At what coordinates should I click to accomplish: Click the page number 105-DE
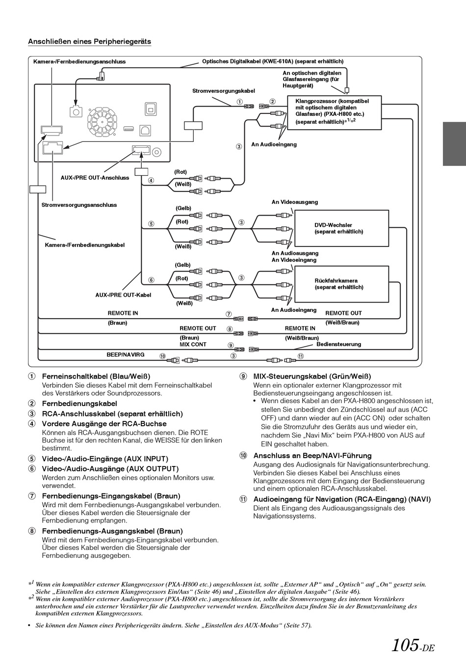[x=413, y=645]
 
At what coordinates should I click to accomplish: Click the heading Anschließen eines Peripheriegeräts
[x=89, y=42]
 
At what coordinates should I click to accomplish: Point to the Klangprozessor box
[x=334, y=112]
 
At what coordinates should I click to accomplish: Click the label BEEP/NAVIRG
[x=126, y=355]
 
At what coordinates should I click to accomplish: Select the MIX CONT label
[x=193, y=345]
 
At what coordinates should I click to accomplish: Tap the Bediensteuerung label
[x=338, y=344]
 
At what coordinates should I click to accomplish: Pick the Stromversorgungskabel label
[x=224, y=91]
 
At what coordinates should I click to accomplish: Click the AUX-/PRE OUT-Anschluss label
[x=95, y=178]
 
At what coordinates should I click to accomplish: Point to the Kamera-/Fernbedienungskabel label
[x=84, y=245]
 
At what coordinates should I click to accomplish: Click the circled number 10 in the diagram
[x=162, y=356]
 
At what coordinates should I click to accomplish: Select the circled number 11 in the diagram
[x=300, y=356]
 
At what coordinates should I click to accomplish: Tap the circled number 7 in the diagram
[x=229, y=314]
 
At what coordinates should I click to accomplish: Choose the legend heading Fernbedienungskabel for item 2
[x=79, y=403]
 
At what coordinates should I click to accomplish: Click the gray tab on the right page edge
[x=454, y=144]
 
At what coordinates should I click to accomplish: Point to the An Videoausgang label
[x=295, y=202]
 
